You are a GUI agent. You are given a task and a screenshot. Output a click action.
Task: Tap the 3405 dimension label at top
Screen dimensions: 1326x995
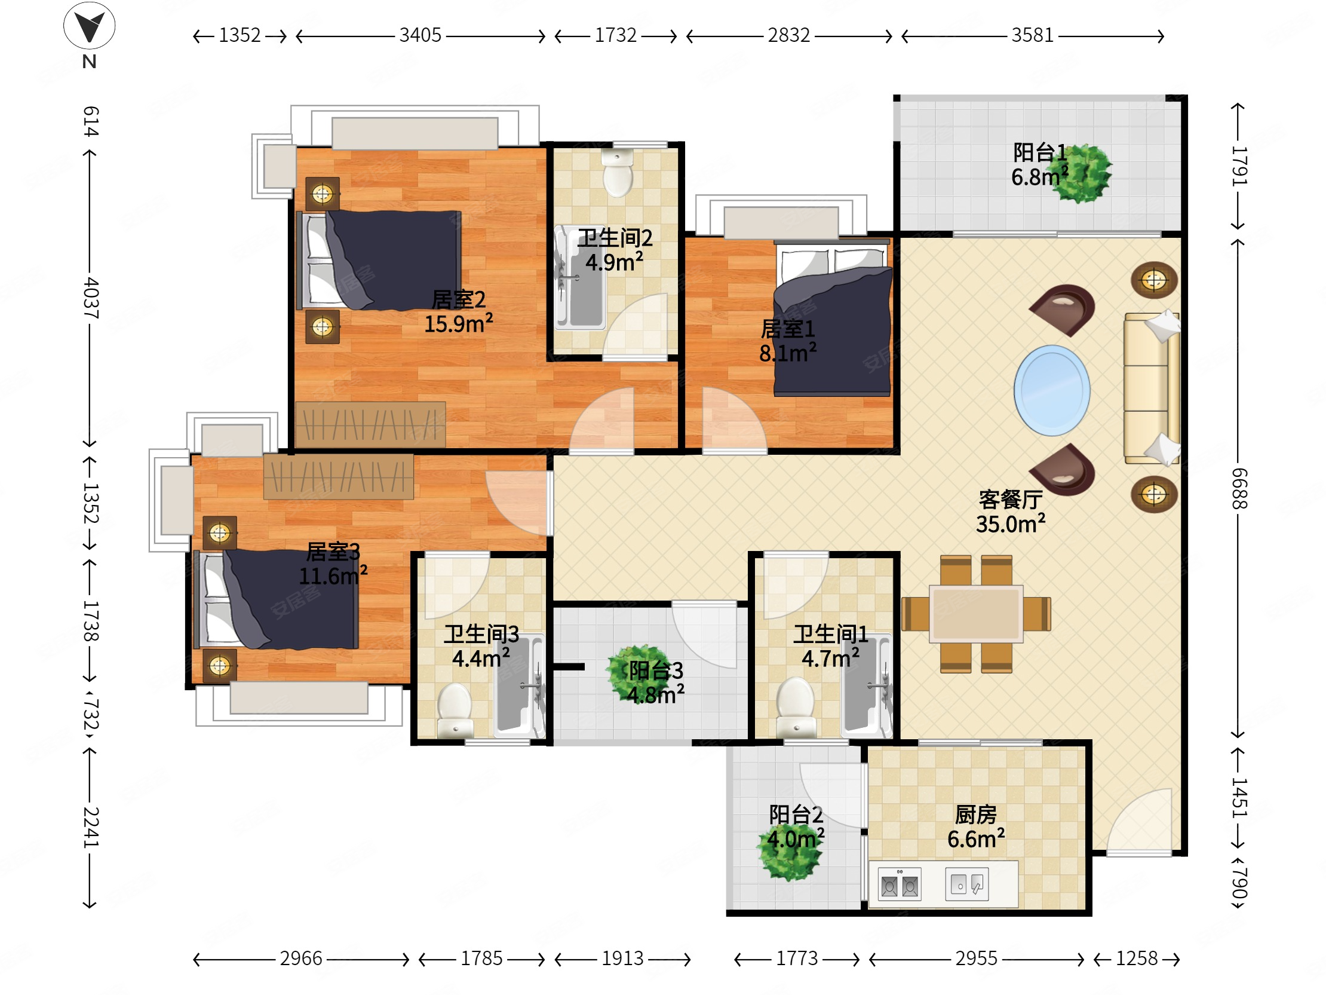(420, 35)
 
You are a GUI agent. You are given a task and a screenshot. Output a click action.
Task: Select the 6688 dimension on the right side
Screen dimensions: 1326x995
(1238, 488)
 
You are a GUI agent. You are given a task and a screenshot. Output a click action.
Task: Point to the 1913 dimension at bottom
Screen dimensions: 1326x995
(622, 959)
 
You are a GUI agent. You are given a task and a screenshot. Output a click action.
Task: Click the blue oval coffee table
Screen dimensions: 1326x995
(1051, 390)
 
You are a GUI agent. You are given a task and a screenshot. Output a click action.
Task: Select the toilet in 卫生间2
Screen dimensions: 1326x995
(617, 172)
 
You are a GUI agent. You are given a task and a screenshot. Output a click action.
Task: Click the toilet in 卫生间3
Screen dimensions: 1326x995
(455, 710)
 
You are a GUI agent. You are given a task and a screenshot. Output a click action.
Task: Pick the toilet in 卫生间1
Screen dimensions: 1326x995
(796, 706)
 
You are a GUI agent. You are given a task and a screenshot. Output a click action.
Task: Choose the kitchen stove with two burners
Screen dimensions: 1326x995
(899, 883)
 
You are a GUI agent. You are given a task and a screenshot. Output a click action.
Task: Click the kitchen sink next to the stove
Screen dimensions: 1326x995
(966, 883)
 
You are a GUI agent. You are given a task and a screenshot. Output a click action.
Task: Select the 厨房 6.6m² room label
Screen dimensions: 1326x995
(976, 826)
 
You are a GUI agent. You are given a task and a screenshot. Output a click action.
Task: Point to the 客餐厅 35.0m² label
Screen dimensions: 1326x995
(1011, 512)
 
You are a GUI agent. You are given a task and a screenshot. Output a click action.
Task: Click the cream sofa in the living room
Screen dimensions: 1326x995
(1152, 388)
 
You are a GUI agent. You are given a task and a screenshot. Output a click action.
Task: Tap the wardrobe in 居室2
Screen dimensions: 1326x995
(370, 424)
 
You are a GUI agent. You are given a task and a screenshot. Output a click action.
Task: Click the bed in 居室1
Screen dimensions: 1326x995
(831, 317)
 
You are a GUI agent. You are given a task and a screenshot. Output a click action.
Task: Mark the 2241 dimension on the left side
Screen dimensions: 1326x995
(91, 827)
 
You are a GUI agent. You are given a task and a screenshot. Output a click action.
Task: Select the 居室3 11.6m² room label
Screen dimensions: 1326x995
(333, 564)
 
